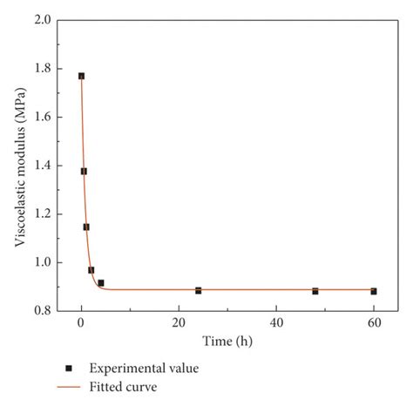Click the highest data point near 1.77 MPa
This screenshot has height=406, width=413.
(81, 76)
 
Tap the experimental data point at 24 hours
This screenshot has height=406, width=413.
(199, 290)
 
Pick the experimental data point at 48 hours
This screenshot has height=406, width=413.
(315, 291)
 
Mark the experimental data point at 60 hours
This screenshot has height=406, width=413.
(374, 291)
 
